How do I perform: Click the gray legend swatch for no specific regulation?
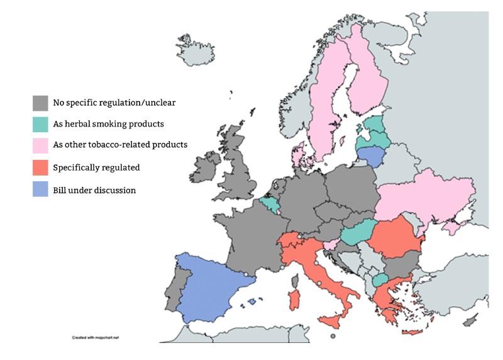click(x=40, y=103)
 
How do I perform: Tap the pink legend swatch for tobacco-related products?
click(x=40, y=146)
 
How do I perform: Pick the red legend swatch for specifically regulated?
click(x=40, y=168)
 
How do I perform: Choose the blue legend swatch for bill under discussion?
click(x=40, y=189)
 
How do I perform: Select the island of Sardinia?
click(x=293, y=299)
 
